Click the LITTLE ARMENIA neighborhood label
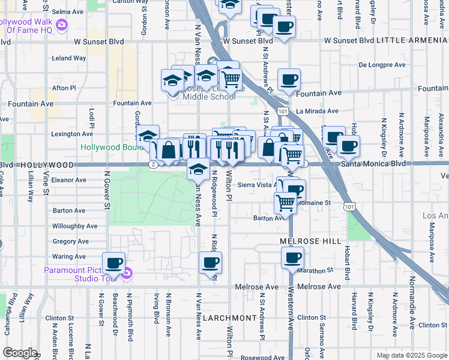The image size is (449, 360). (414, 41)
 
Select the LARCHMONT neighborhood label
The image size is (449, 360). (229, 317)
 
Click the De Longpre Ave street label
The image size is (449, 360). (382, 65)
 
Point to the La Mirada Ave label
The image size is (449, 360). (318, 111)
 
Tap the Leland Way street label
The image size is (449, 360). (68, 58)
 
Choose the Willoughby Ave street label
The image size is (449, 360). (74, 226)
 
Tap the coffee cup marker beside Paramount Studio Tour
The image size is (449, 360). (113, 263)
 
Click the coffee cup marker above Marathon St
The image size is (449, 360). (292, 258)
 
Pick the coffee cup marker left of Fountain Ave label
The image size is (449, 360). (289, 79)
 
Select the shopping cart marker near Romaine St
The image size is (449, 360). (285, 203)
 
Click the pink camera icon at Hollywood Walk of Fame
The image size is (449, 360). (62, 25)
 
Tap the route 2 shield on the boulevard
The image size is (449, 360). (154, 164)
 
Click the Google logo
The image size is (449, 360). (20, 353)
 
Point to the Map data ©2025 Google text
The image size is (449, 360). (411, 355)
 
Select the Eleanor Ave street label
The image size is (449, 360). (70, 179)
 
